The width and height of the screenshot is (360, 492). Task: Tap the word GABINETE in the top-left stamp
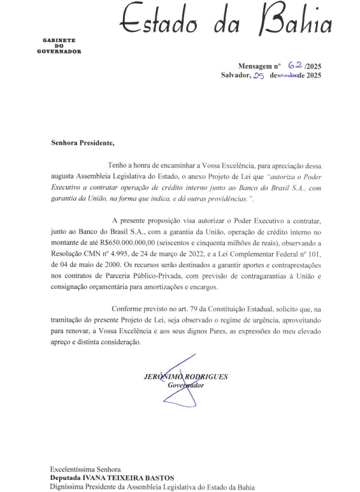pos(59,40)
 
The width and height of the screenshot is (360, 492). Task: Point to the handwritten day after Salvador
pos(258,76)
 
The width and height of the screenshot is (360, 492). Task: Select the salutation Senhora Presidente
pos(82,143)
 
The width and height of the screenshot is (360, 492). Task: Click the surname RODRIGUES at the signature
pos(206,377)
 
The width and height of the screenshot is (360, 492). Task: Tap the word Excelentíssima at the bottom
pos(73,468)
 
